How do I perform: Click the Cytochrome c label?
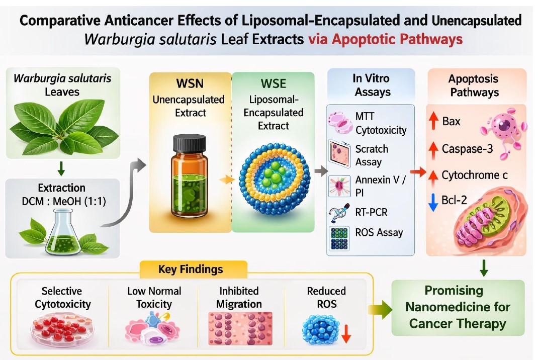[474, 175]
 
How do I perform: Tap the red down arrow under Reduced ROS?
[345, 334]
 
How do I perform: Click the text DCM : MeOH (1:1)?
[61, 202]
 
